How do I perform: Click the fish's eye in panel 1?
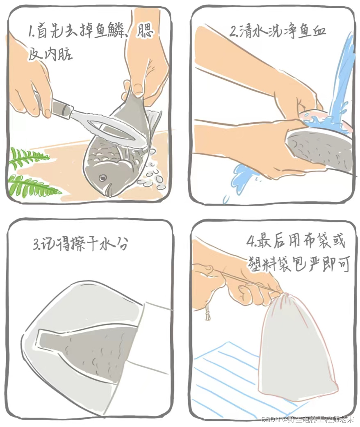[103, 178]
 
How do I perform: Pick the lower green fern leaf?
[33, 186]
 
